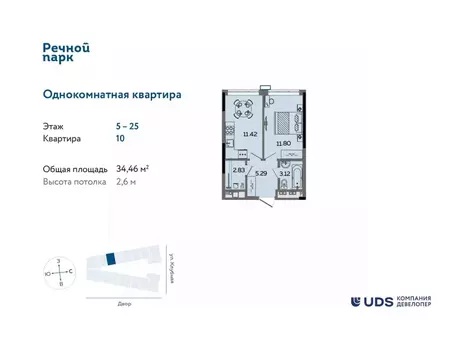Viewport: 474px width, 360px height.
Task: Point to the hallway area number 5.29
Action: [261, 173]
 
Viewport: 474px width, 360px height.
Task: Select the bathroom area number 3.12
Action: [285, 173]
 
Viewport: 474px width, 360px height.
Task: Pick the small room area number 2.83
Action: [237, 170]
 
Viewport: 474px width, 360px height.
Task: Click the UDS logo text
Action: [378, 301]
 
